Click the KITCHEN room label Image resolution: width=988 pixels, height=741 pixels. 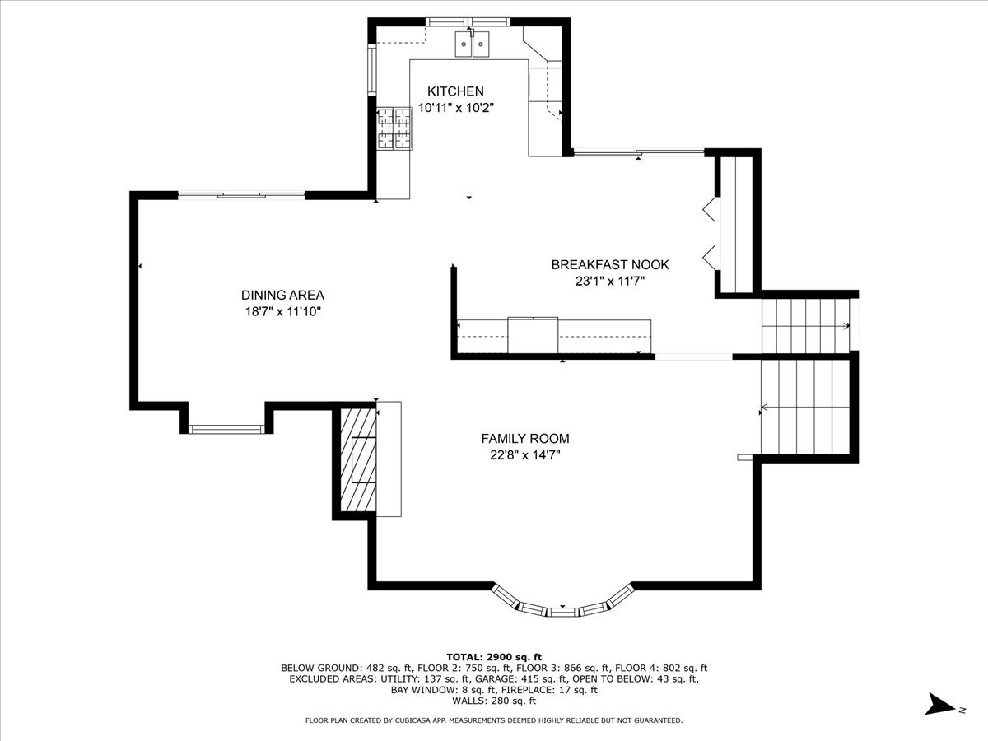click(x=455, y=91)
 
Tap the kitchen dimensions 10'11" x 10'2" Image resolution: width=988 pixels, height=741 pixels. click(x=456, y=108)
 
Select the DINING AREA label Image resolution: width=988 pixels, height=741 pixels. click(x=282, y=295)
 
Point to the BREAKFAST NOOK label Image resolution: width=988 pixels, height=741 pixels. click(x=610, y=264)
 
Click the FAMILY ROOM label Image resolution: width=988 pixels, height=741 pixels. click(x=525, y=439)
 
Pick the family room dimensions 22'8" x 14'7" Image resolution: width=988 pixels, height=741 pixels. click(x=525, y=455)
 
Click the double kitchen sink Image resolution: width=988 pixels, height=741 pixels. click(x=472, y=44)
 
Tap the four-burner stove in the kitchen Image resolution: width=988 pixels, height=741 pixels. click(x=394, y=128)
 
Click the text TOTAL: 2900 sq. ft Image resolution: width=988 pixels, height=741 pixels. click(x=494, y=657)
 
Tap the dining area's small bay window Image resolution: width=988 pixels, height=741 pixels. click(x=226, y=429)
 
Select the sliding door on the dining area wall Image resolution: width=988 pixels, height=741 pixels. click(x=242, y=195)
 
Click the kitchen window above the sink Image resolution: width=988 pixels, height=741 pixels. click(x=468, y=21)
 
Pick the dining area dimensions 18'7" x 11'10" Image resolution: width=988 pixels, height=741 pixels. click(x=282, y=312)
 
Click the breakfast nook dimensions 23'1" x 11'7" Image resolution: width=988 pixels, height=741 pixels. click(x=610, y=282)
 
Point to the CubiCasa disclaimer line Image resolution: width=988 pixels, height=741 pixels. click(x=494, y=720)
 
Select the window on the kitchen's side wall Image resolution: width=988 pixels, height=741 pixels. click(x=372, y=70)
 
